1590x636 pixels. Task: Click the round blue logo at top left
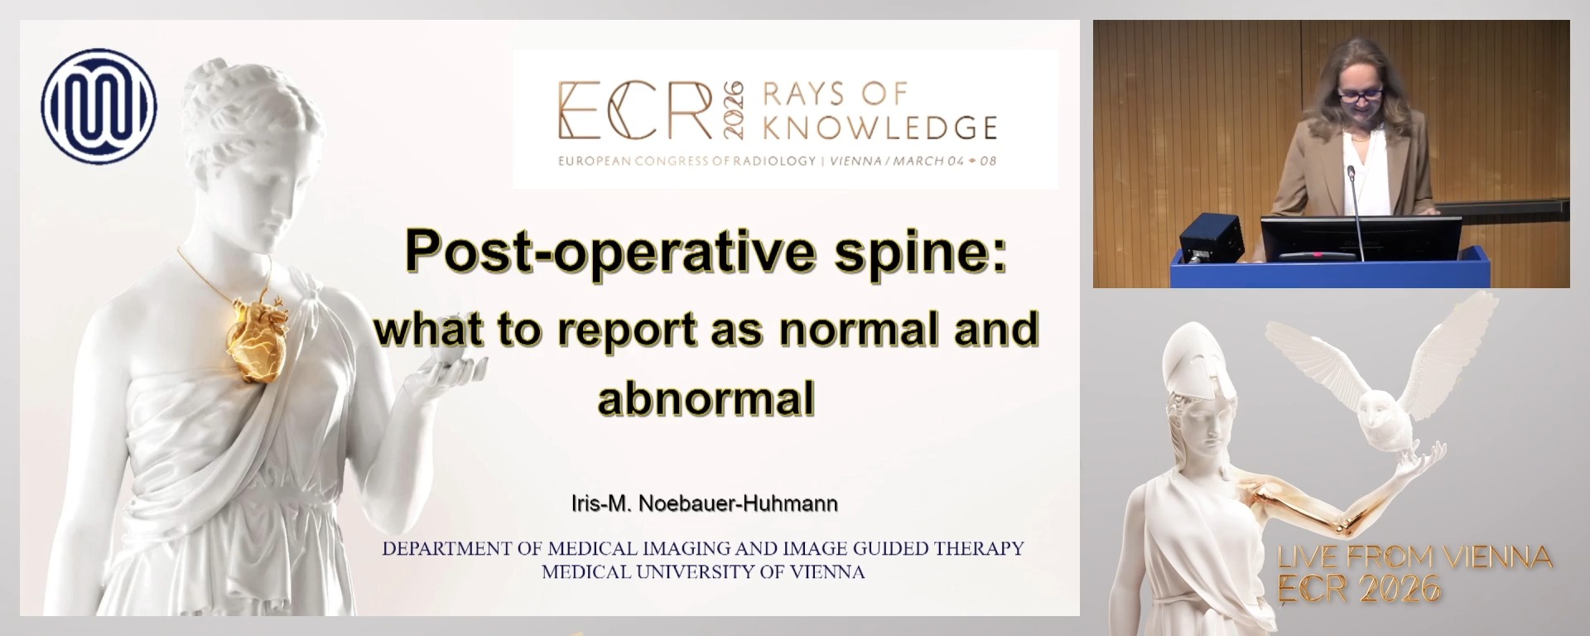click(x=99, y=106)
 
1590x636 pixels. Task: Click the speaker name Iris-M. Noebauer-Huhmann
click(x=704, y=503)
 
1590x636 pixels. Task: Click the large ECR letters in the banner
click(x=634, y=112)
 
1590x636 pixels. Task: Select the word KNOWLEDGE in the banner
click(x=879, y=128)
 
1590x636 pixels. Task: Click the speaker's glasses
click(x=1358, y=94)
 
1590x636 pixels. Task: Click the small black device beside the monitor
click(x=1211, y=235)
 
